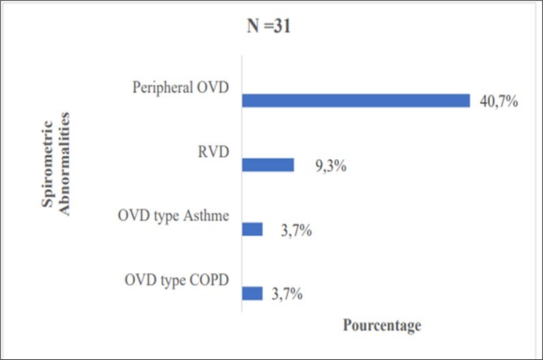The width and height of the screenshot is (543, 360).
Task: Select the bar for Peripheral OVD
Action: click(356, 101)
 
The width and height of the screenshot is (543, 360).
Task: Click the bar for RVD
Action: click(268, 165)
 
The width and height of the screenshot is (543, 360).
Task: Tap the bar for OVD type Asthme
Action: click(252, 229)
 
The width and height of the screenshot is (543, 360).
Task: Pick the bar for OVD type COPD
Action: click(252, 293)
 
